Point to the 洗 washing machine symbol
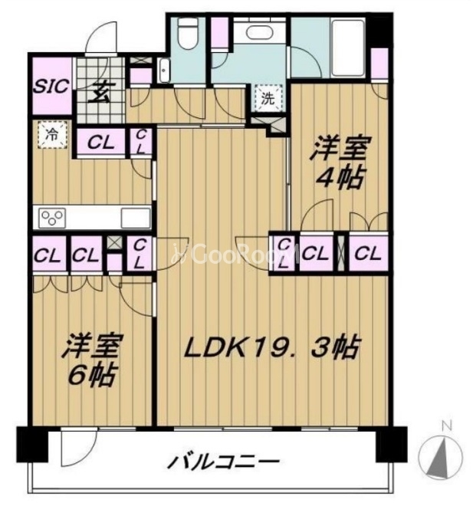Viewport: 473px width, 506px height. [268, 97]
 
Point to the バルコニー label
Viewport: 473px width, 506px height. [223, 464]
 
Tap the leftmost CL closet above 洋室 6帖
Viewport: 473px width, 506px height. [48, 254]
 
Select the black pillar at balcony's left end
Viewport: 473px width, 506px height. [31, 444]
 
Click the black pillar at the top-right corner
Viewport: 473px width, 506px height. [377, 29]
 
